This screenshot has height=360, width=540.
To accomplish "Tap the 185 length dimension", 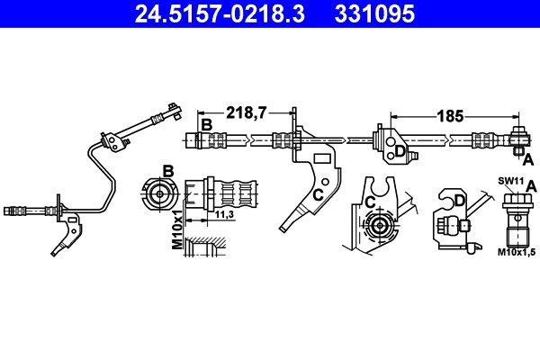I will pyautogui.click(x=450, y=116).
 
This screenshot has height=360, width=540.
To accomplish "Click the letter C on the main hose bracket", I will pyautogui.click(x=318, y=193).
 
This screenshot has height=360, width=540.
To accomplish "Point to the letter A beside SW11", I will pyautogui.click(x=532, y=184).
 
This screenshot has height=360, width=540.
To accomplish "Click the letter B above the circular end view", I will pyautogui.click(x=167, y=170).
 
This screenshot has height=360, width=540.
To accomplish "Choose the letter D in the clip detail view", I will pyautogui.click(x=459, y=200).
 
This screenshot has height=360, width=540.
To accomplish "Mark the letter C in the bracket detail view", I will pyautogui.click(x=370, y=202).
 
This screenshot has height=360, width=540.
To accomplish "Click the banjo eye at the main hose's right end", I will pyautogui.click(x=519, y=138).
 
